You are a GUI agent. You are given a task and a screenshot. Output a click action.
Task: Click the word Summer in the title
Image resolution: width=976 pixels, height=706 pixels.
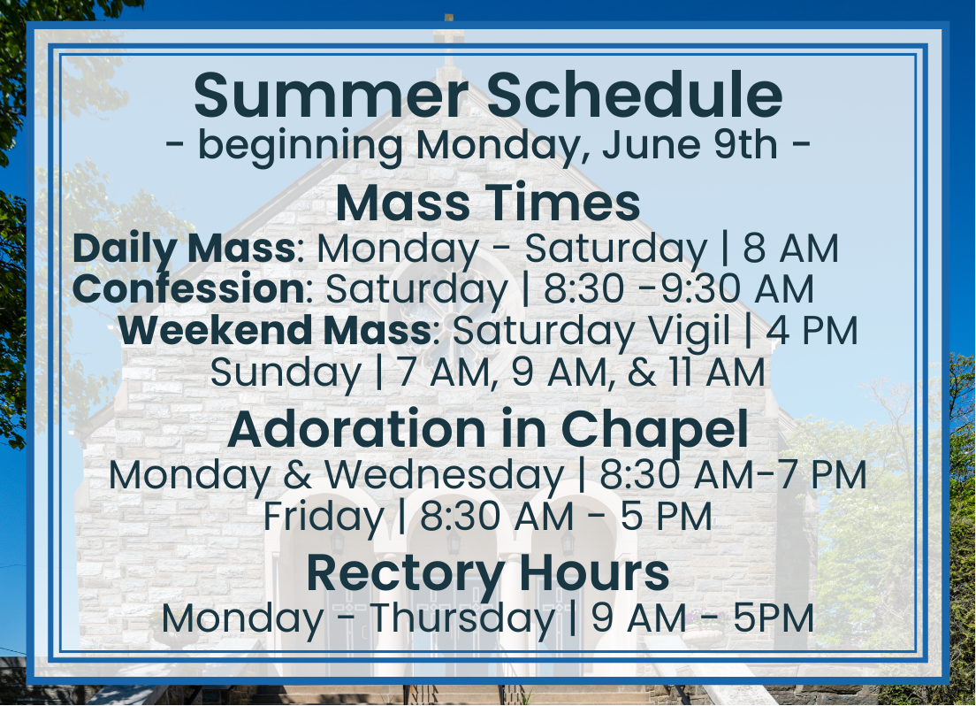pyautogui.click(x=331, y=95)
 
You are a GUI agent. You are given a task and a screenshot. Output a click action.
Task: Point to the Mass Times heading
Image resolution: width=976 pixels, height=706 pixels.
pyautogui.click(x=488, y=203)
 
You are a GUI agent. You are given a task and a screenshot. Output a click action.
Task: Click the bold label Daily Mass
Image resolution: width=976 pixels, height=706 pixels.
pyautogui.click(x=184, y=249)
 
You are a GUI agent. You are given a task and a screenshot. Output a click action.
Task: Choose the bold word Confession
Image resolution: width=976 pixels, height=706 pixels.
pyautogui.click(x=188, y=288)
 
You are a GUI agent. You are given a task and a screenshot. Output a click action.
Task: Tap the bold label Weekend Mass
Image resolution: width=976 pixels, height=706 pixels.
pyautogui.click(x=274, y=330)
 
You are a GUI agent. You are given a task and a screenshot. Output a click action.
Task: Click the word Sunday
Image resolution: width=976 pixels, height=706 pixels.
pyautogui.click(x=286, y=373)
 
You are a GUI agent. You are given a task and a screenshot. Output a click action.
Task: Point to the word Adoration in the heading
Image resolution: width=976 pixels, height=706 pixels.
pyautogui.click(x=356, y=429)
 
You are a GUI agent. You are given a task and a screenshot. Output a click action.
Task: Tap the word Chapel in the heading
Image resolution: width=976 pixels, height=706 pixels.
pyautogui.click(x=654, y=431)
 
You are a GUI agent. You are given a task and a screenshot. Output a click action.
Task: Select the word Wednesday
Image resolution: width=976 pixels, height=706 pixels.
pyautogui.click(x=445, y=475)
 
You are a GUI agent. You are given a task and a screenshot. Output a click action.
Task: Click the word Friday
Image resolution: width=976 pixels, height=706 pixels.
pyautogui.click(x=324, y=517)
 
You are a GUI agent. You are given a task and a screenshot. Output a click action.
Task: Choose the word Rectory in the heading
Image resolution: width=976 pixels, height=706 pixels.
pyautogui.click(x=405, y=573)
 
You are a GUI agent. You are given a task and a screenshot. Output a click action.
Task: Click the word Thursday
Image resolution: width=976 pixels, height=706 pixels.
pyautogui.click(x=462, y=618)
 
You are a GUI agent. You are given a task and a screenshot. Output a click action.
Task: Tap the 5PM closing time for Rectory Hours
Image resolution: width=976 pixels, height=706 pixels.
pyautogui.click(x=774, y=618)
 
